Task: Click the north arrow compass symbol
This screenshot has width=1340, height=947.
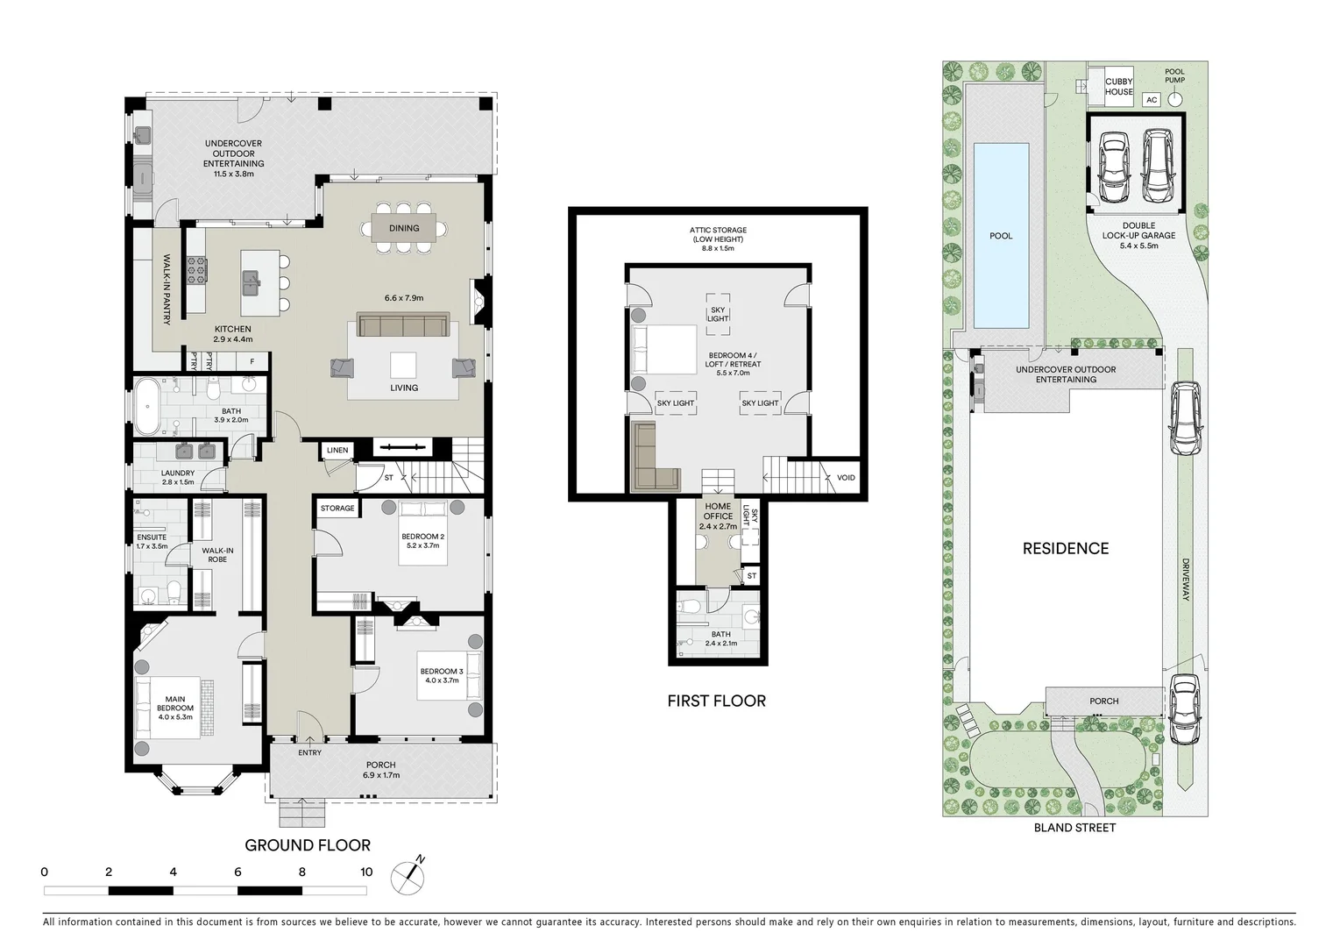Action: (408, 876)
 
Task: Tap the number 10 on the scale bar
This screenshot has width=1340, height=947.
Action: (366, 872)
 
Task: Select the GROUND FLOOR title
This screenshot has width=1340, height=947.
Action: (308, 845)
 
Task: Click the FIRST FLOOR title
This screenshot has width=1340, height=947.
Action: (717, 701)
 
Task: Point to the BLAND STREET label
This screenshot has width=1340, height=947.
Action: (1075, 828)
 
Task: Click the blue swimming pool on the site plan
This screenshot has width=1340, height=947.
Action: (1002, 235)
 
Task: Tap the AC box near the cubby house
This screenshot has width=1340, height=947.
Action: (1152, 100)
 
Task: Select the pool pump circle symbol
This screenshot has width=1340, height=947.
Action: (1175, 99)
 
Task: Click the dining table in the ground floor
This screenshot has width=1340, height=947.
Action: (404, 228)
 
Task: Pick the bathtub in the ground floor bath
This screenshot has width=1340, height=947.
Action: (147, 407)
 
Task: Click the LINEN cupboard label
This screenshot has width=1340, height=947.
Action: (337, 450)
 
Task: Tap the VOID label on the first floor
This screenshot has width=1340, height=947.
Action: (846, 478)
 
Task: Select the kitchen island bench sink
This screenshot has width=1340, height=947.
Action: (252, 283)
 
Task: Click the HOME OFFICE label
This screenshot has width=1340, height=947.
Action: (718, 511)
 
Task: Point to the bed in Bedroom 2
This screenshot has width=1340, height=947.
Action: (423, 533)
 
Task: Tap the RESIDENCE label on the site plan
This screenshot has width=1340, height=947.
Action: (1066, 548)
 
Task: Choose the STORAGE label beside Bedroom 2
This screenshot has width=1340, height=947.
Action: (337, 509)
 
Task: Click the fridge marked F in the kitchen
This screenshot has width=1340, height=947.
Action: (252, 361)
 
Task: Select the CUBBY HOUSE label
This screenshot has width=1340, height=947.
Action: (1118, 87)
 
